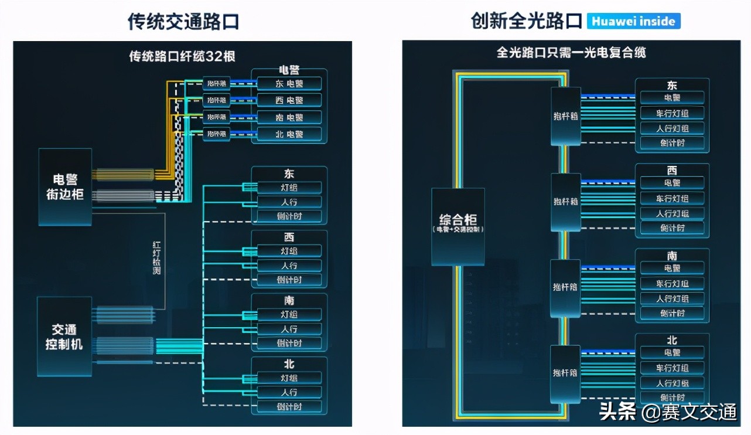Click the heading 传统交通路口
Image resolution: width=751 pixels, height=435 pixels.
(x=183, y=21)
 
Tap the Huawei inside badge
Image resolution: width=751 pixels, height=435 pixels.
(x=633, y=22)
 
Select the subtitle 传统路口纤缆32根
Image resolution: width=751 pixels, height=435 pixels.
(x=182, y=56)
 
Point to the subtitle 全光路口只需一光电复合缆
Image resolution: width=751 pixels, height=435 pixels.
(x=571, y=53)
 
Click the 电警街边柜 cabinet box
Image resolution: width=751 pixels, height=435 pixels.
(x=65, y=186)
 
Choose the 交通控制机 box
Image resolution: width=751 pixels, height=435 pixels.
(x=64, y=337)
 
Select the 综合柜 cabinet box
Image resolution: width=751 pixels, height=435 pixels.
(x=458, y=226)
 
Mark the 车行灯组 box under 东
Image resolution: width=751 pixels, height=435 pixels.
(x=672, y=113)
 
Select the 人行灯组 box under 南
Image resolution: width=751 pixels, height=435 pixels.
(x=672, y=298)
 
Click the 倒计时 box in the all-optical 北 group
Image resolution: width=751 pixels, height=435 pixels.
(x=672, y=397)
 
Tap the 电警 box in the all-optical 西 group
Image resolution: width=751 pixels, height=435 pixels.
(x=672, y=183)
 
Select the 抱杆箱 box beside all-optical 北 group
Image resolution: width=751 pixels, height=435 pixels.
(x=566, y=373)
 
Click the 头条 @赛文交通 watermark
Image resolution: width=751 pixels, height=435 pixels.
(x=668, y=412)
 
